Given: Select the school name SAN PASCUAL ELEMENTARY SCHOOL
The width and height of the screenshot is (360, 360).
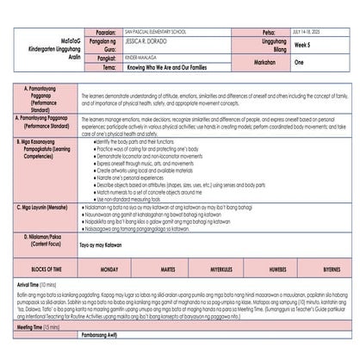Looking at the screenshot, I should click(156, 29).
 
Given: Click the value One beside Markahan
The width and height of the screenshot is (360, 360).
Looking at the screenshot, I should click(300, 63).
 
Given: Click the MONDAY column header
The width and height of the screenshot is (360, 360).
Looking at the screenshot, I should click(109, 269).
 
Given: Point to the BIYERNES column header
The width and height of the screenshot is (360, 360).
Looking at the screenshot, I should click(331, 269).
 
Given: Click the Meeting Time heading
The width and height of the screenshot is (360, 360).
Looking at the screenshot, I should click(35, 327).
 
